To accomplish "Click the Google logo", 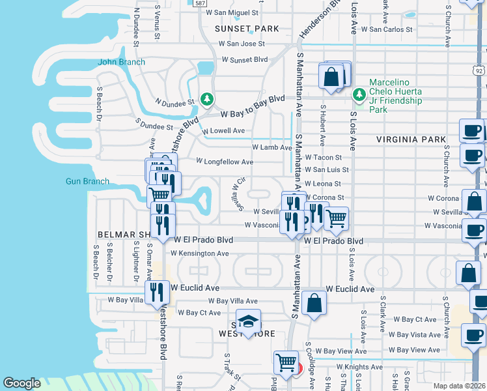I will [21, 383].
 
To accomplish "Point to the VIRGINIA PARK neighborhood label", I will [411, 139].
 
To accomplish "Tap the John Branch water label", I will [121, 63].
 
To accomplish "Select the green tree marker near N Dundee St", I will [207, 99].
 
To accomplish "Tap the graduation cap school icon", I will [248, 321].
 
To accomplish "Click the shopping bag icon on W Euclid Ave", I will [314, 303].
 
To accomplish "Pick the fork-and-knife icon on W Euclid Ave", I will [157, 291].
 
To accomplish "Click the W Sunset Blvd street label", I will [244, 59].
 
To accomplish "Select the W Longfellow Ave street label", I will [225, 162].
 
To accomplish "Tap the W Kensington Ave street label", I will [201, 253].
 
